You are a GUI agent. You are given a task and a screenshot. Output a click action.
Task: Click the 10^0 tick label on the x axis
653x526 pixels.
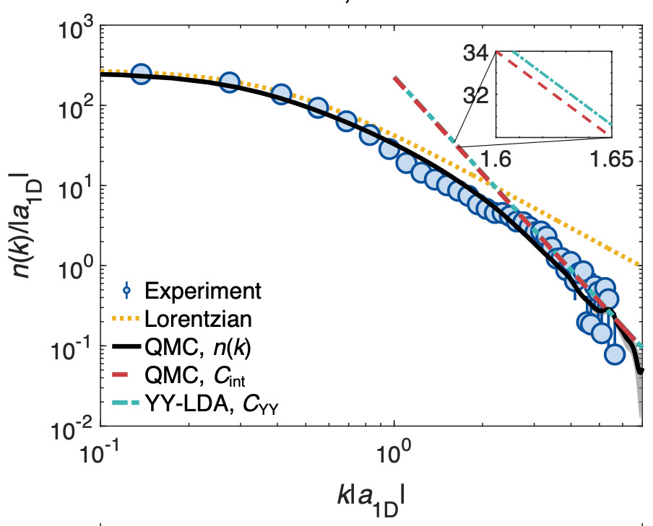394,457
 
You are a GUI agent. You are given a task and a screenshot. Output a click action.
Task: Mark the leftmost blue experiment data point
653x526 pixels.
141,74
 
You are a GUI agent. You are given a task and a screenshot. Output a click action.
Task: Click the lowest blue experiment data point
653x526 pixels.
614,354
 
